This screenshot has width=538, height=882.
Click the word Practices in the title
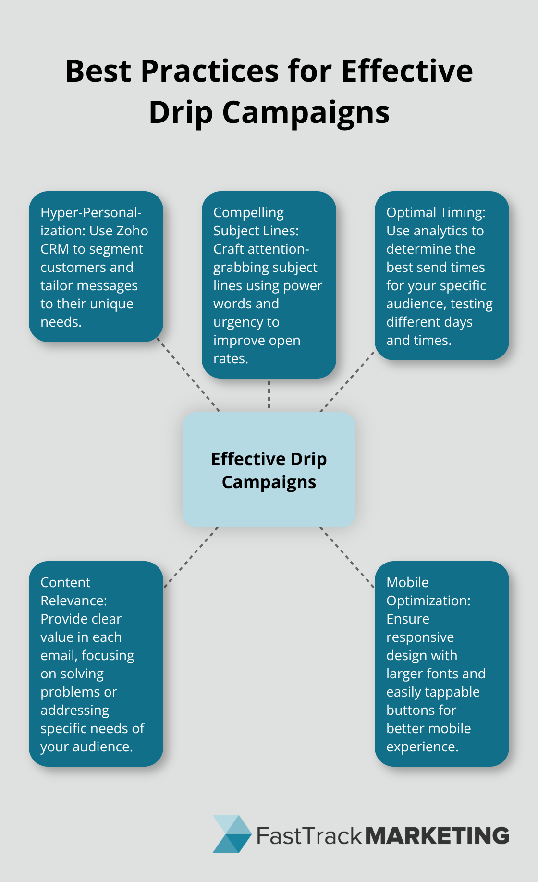[209, 71]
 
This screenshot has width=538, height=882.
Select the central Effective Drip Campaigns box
[269, 469]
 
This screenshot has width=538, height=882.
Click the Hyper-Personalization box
[96, 267]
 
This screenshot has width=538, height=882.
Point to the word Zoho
[132, 231]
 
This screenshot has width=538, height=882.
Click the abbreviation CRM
[55, 249]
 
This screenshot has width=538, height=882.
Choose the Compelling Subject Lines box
[269, 285]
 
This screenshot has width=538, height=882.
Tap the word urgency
[246, 322]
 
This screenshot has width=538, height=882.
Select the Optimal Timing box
[441, 276]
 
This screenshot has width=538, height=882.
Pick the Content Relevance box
[96, 663]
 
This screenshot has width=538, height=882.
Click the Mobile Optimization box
[441, 663]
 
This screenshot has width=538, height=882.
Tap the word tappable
[450, 692]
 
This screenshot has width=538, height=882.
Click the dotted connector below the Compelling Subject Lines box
[269, 394]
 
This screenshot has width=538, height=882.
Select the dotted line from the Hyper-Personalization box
[188, 376]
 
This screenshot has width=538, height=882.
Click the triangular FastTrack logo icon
[232, 834]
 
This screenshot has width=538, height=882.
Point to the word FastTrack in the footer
[309, 836]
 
